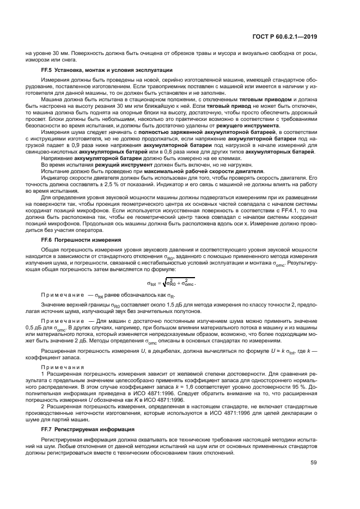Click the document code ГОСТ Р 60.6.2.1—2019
[291, 37]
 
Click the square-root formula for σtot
[172, 283]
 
